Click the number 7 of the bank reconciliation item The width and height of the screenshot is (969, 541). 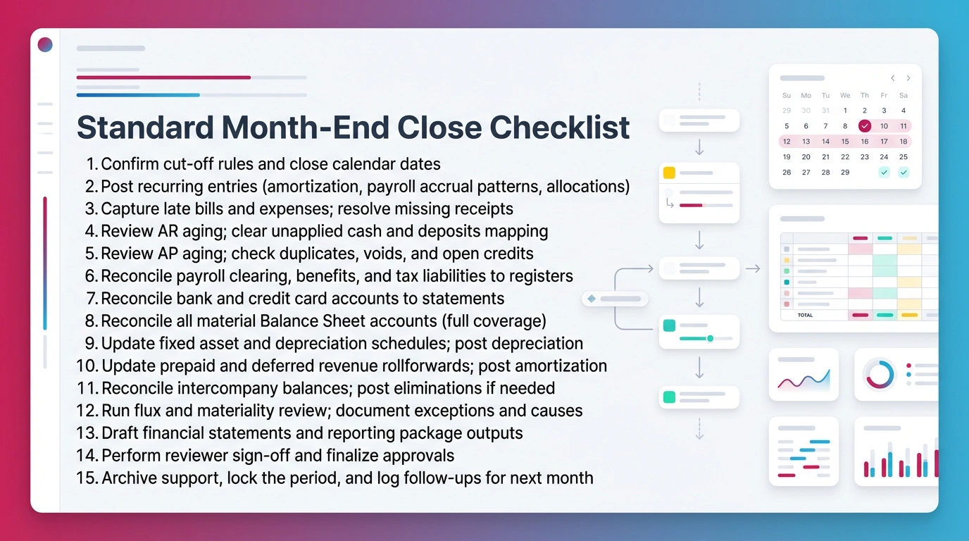(92, 299)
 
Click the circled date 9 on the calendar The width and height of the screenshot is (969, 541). (865, 126)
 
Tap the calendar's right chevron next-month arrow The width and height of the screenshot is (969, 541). (908, 78)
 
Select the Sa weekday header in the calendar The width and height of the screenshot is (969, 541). (904, 95)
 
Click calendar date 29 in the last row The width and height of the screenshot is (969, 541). (845, 172)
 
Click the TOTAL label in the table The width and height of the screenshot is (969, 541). (805, 316)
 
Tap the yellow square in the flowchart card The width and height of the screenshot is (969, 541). (669, 173)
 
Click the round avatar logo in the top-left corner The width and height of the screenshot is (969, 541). (45, 45)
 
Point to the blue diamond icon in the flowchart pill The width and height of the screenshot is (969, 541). (592, 299)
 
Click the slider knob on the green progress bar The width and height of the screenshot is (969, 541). (710, 339)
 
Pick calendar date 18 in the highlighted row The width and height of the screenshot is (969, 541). (904, 142)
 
